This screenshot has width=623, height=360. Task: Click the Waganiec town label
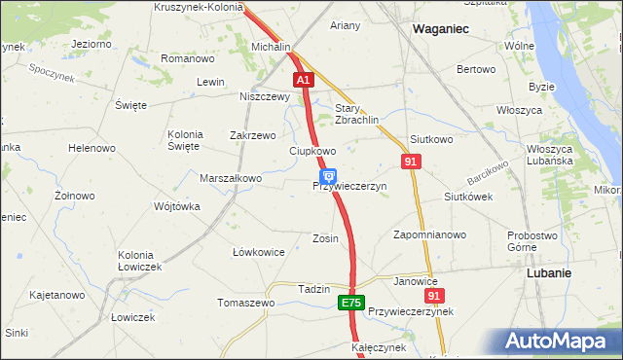pyautogui.click(x=440, y=29)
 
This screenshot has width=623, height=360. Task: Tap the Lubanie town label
pyautogui.click(x=548, y=273)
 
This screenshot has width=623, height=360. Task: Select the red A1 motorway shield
pyautogui.click(x=304, y=80)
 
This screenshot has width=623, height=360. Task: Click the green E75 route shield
pyautogui.click(x=352, y=305)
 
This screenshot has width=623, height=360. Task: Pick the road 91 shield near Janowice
pyautogui.click(x=434, y=295)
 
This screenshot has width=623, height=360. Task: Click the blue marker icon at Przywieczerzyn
pyautogui.click(x=328, y=177)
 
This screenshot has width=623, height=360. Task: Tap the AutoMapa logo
pyautogui.click(x=557, y=342)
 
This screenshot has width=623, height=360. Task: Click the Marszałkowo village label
pyautogui.click(x=231, y=178)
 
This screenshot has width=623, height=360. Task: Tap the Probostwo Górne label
pyautogui.click(x=532, y=240)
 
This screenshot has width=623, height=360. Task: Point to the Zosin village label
pyautogui.click(x=325, y=237)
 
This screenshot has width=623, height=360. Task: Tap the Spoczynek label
pyautogui.click(x=53, y=71)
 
